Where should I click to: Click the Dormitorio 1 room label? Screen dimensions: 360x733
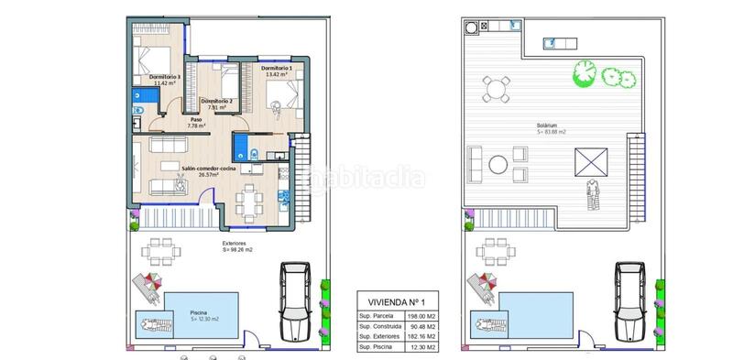pos(276,70)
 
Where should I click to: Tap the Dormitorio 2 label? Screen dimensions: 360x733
pos(217,103)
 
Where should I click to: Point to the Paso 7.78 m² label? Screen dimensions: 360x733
pos(196,122)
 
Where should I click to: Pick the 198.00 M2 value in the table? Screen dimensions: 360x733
pos(423,316)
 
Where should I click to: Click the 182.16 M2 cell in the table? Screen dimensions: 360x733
pos(423,338)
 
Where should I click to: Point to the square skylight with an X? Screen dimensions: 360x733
pos(588,165)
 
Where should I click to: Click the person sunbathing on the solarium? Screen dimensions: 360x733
pos(594,193)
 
